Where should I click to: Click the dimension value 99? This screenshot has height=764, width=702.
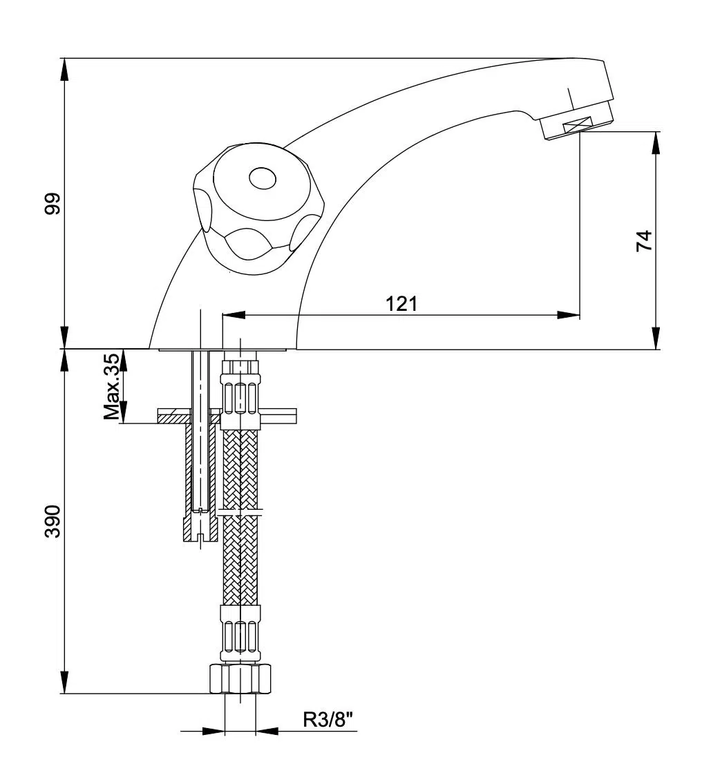coord(53,204)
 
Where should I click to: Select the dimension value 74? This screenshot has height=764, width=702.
coord(644,240)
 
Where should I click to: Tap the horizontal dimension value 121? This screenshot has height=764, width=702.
coord(401,303)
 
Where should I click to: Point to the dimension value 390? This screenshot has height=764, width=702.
coord(53,522)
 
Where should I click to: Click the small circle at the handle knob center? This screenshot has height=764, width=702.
coord(262,180)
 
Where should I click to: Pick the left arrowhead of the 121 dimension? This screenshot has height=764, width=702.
coord(233,315)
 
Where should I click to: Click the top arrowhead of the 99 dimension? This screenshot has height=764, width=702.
coord(64,69)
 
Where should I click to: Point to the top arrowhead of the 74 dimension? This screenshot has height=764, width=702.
coord(655,142)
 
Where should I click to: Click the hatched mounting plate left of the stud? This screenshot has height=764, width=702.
coord(174,417)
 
